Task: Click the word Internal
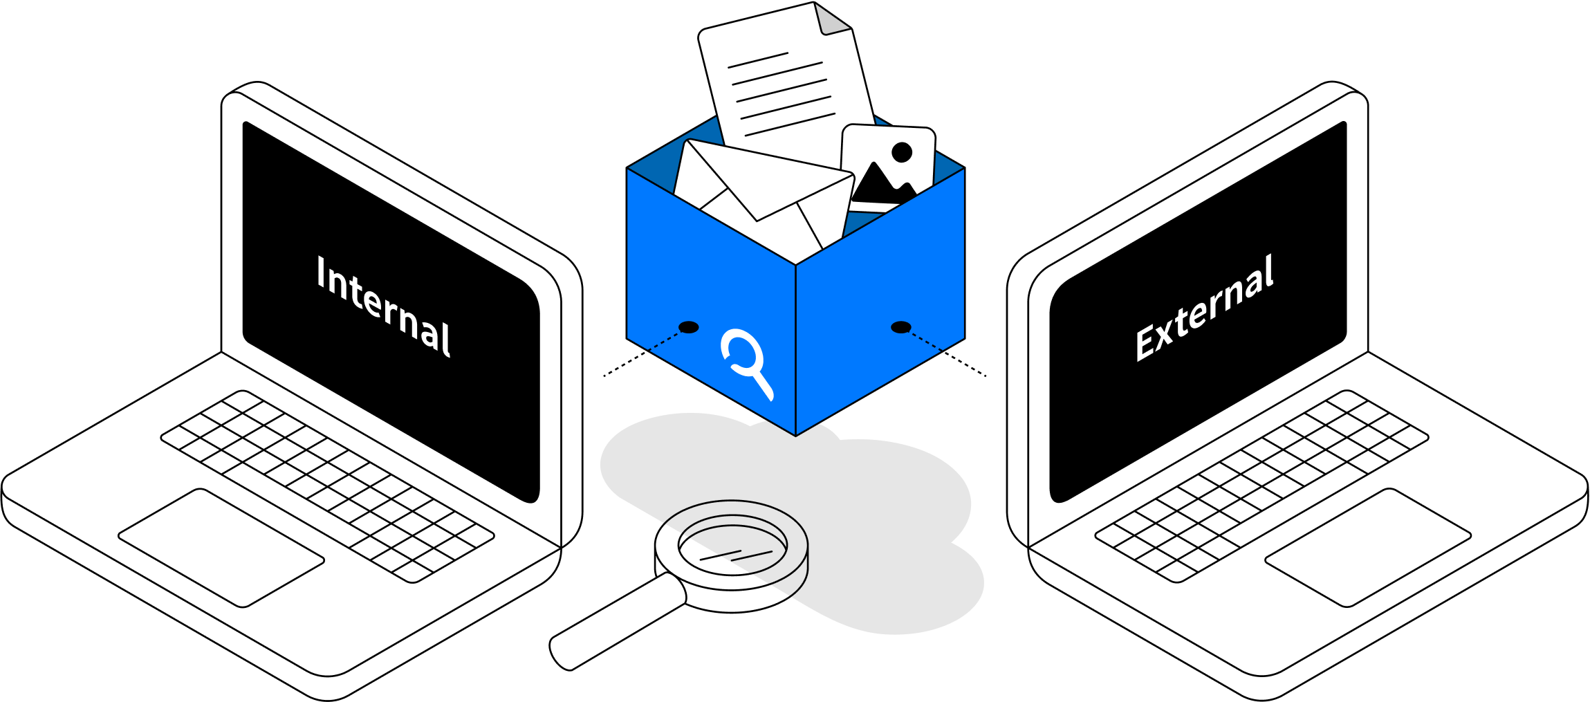384,306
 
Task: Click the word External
1204,308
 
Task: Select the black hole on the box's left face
688,327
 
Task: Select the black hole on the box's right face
900,327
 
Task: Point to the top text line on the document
758,60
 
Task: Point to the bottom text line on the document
790,124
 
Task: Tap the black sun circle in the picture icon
902,152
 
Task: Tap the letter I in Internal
321,273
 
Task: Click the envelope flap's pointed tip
757,221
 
